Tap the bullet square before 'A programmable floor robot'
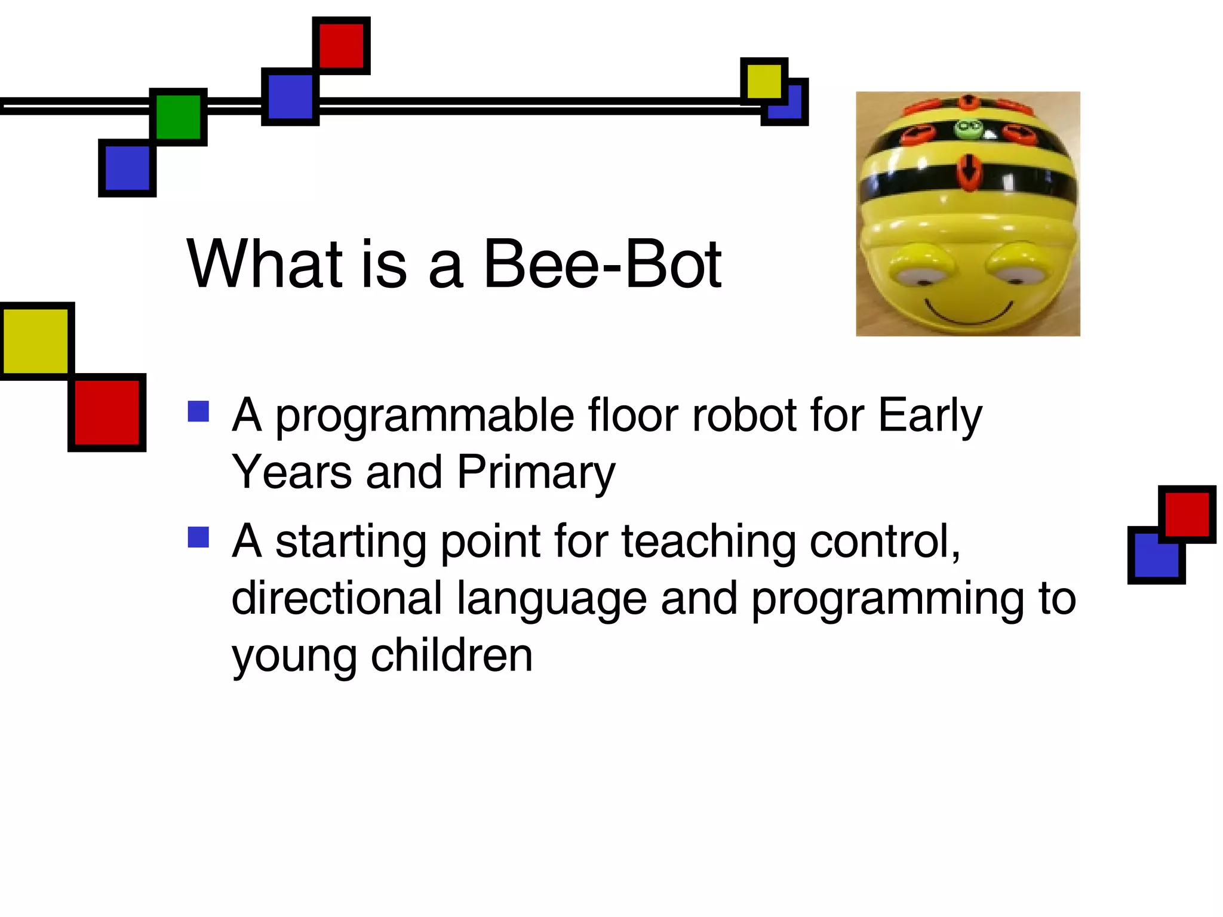[198, 411]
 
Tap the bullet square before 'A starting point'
[198, 537]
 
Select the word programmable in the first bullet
[425, 416]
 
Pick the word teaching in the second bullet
[708, 541]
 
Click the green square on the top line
[178, 117]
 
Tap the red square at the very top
[341, 45]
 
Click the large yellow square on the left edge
[36, 341]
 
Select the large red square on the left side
[107, 413]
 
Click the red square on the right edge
[1187, 514]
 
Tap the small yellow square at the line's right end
[764, 81]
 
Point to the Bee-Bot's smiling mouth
[969, 313]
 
